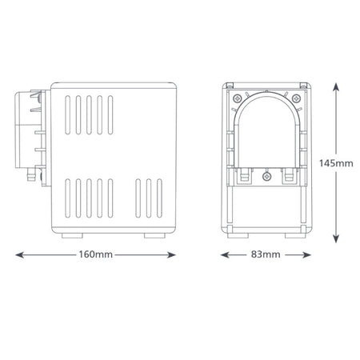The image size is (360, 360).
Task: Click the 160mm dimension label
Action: pyautogui.click(x=95, y=254)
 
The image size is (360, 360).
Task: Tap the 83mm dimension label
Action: pyautogui.click(x=266, y=254)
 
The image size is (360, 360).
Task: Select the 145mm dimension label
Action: pyautogui.click(x=336, y=163)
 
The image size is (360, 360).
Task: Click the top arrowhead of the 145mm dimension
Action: pyautogui.click(x=336, y=87)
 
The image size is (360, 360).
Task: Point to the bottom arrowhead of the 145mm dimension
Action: pyautogui.click(x=336, y=238)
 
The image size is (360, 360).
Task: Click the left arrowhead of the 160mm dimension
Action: pyautogui.click(x=20, y=255)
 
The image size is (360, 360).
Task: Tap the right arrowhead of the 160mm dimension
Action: pyautogui.click(x=171, y=255)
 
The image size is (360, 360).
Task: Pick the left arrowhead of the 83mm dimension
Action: pyautogui.click(x=225, y=255)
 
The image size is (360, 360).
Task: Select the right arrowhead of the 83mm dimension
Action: pyautogui.click(x=306, y=255)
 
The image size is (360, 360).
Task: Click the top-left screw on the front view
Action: pyautogui.click(x=237, y=98)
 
